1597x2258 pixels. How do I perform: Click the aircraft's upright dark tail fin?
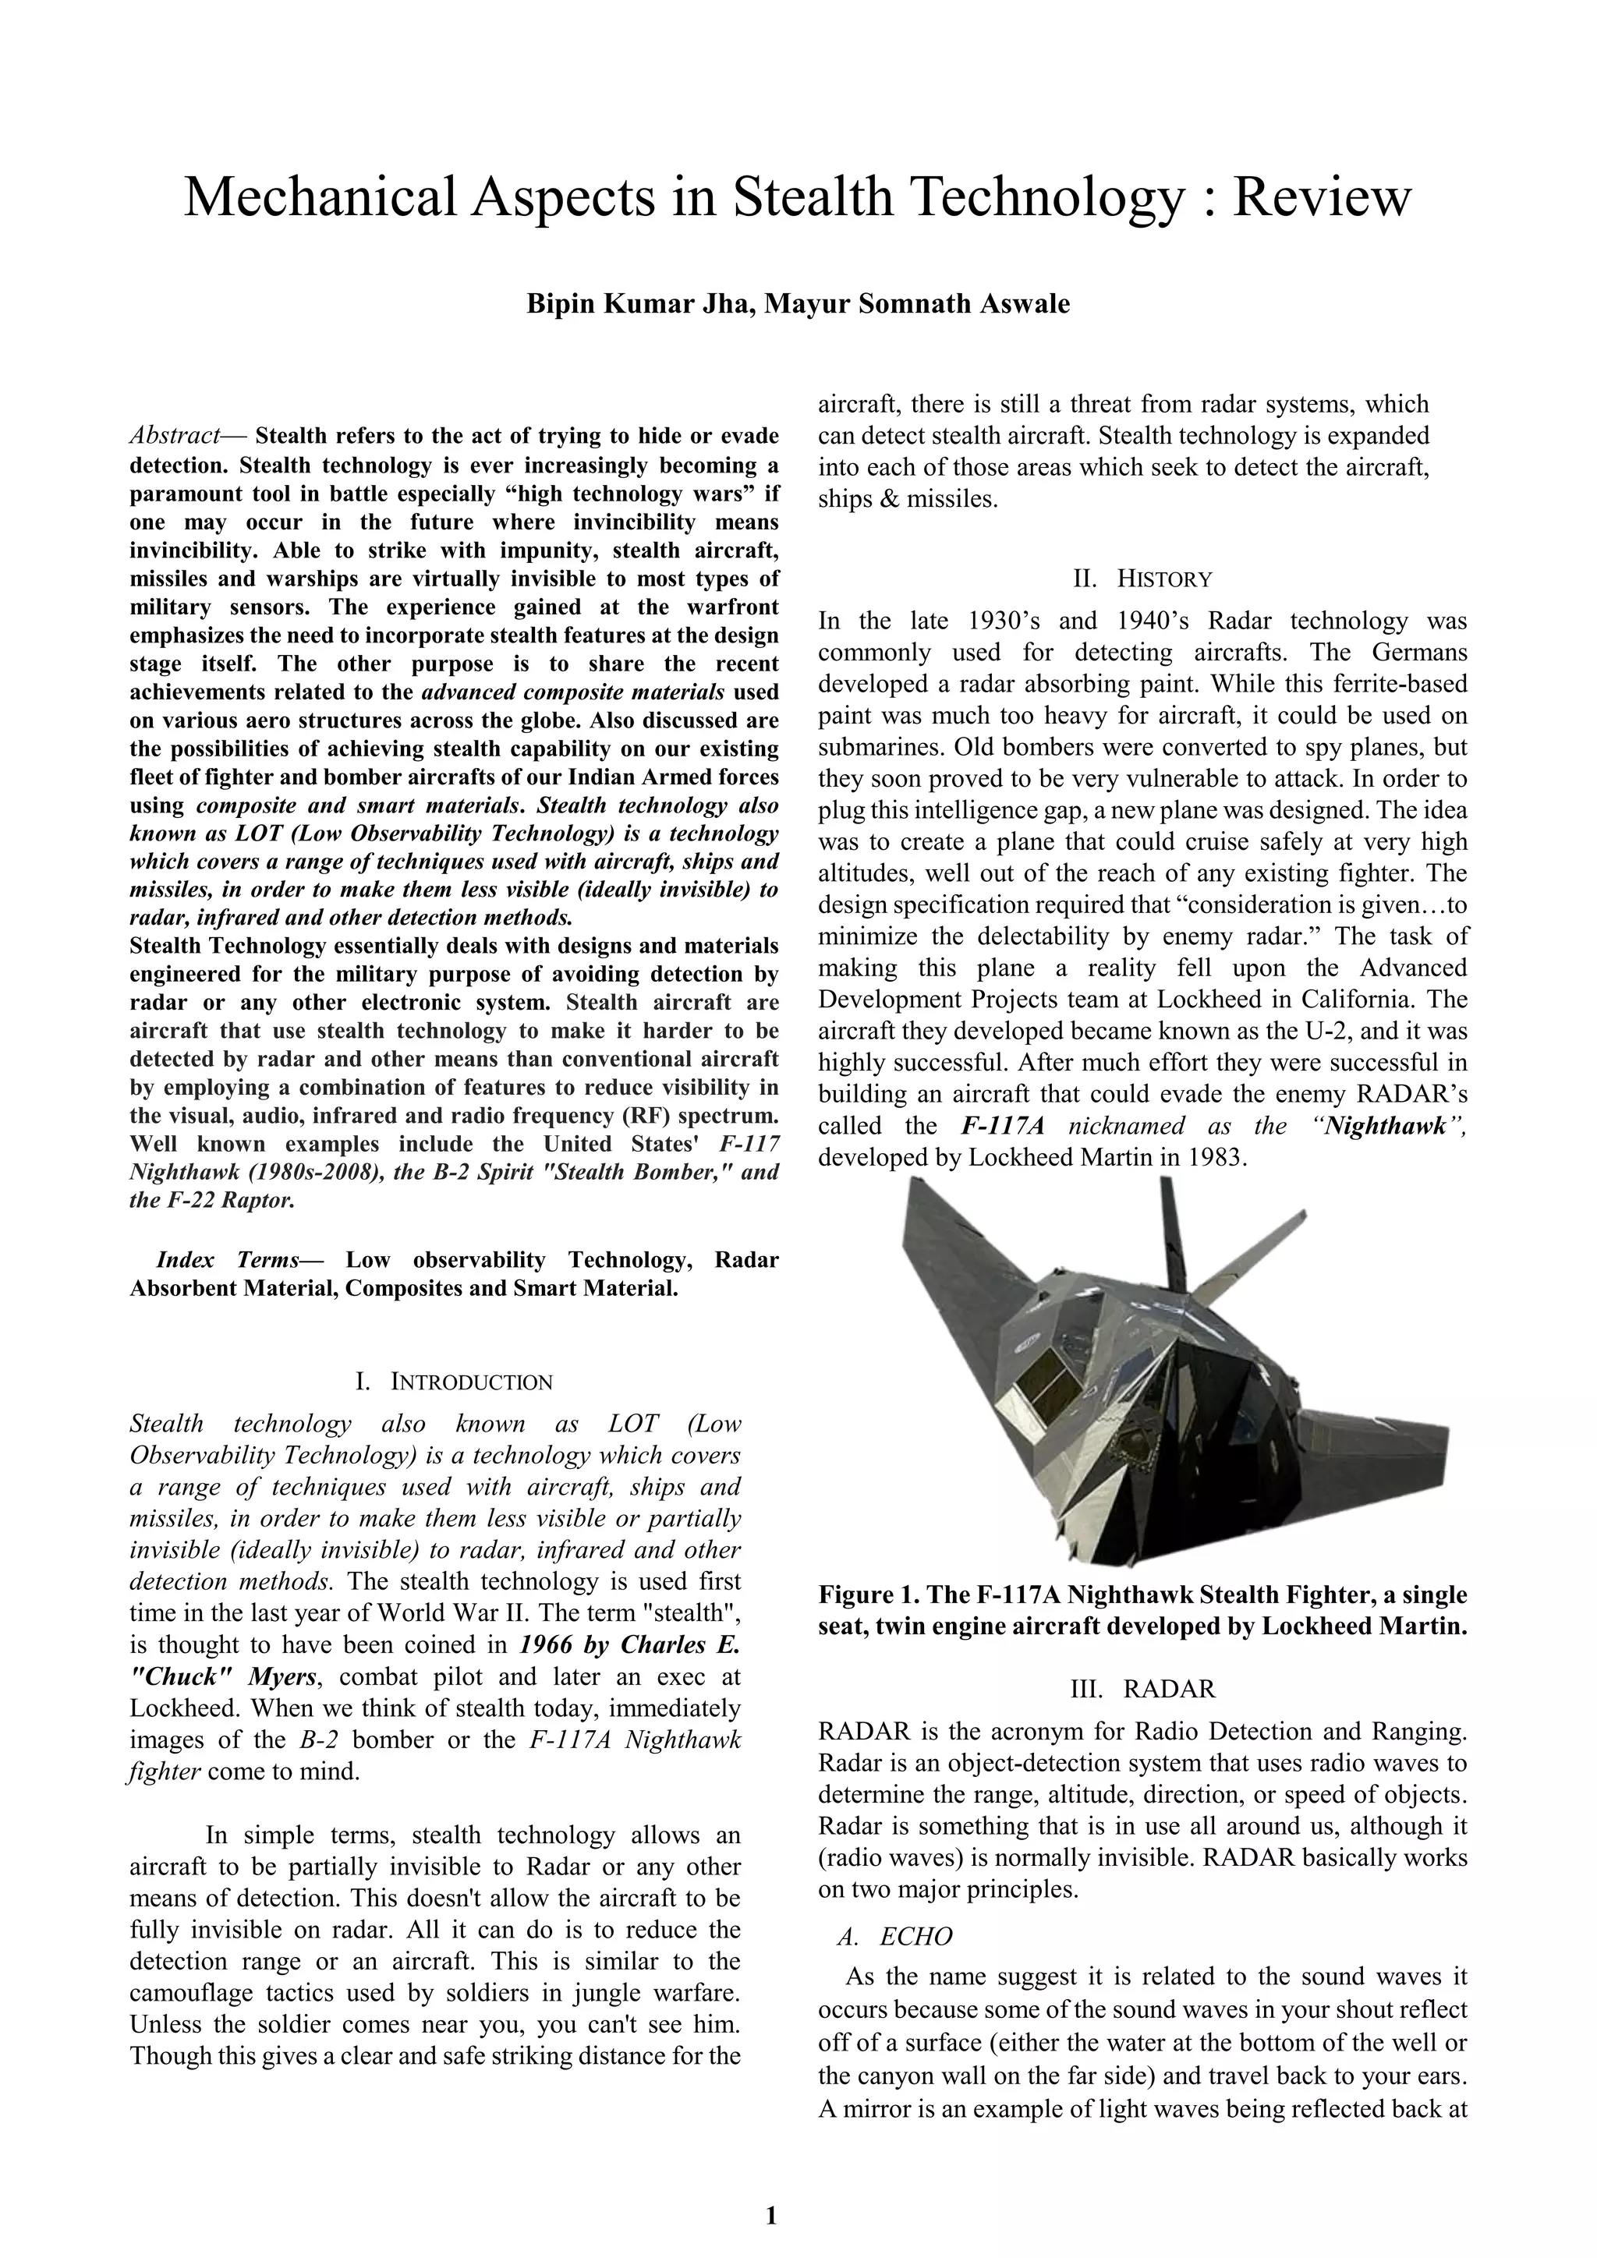coord(1174,1230)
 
